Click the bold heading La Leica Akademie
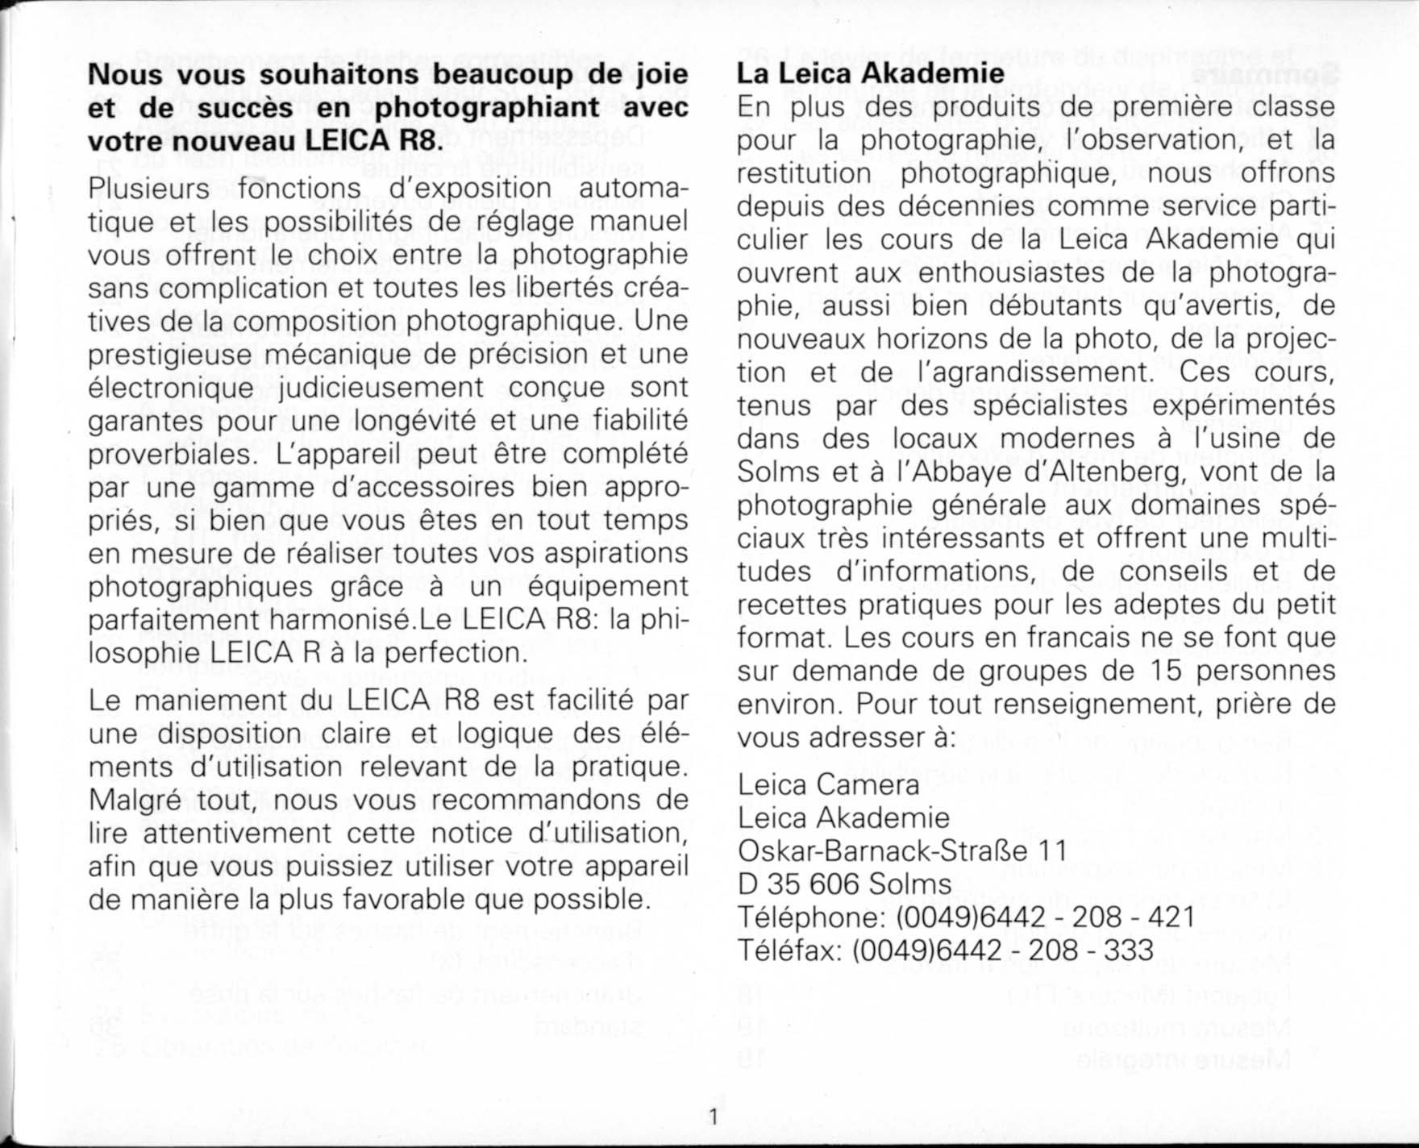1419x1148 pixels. point(871,73)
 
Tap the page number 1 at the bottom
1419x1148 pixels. point(713,1117)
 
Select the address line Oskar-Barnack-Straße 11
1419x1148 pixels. point(902,851)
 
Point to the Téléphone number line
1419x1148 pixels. point(966,917)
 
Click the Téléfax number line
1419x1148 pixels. point(945,950)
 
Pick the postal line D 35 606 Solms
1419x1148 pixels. point(844,884)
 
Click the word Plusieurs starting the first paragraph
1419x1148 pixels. point(148,189)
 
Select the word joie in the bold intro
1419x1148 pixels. point(660,74)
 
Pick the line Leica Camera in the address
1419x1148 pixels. point(828,784)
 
